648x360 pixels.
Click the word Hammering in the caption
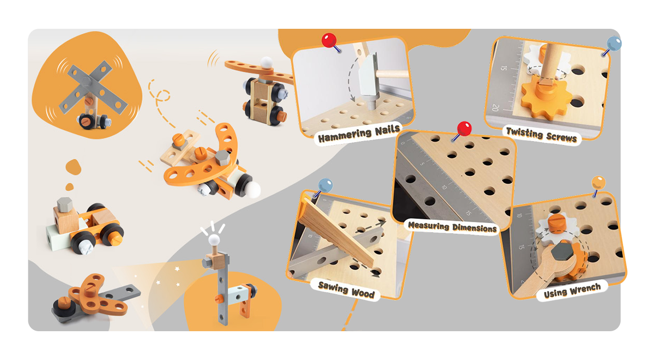(345, 135)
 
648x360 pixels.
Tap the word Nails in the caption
(387, 130)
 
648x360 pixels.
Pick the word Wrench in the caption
(587, 289)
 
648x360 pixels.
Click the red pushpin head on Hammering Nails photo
(329, 40)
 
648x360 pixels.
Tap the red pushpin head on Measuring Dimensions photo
(464, 129)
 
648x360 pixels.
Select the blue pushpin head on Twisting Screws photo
(614, 44)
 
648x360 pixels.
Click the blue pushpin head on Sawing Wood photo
(325, 185)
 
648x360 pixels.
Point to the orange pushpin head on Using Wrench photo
(598, 183)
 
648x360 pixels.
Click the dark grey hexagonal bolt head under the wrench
(563, 252)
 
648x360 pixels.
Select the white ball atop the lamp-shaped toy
(214, 240)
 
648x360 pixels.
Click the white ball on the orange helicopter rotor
(266, 63)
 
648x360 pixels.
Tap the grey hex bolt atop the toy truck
(65, 204)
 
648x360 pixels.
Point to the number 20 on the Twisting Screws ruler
(495, 108)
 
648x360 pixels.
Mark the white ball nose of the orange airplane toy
(253, 190)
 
